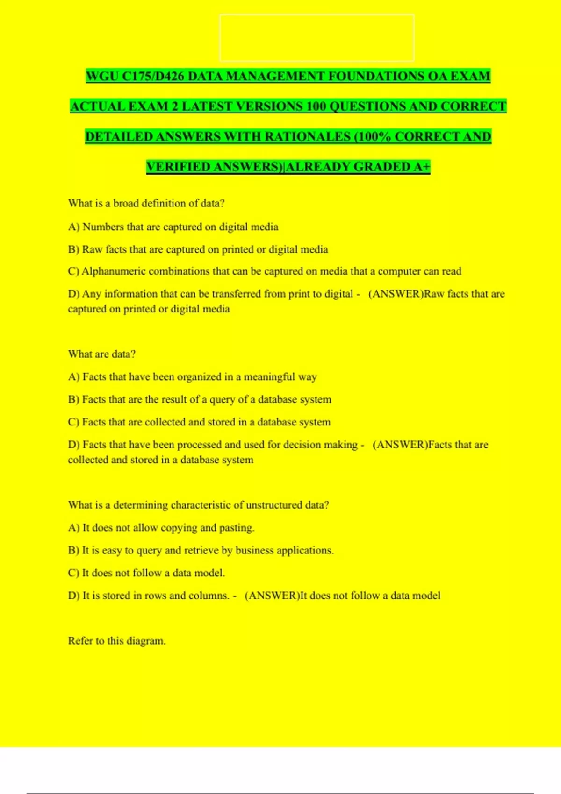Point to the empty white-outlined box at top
[x=316, y=38]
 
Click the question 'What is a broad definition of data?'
[x=146, y=203]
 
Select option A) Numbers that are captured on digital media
[x=173, y=227]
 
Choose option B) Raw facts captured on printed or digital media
[x=198, y=249]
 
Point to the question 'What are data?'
[x=101, y=354]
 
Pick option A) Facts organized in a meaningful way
[x=192, y=377]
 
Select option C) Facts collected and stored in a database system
[x=199, y=422]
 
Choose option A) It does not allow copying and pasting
[x=161, y=528]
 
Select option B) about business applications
[x=201, y=550]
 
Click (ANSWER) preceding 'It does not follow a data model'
[x=272, y=595]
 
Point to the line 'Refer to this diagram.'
[x=117, y=641]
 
